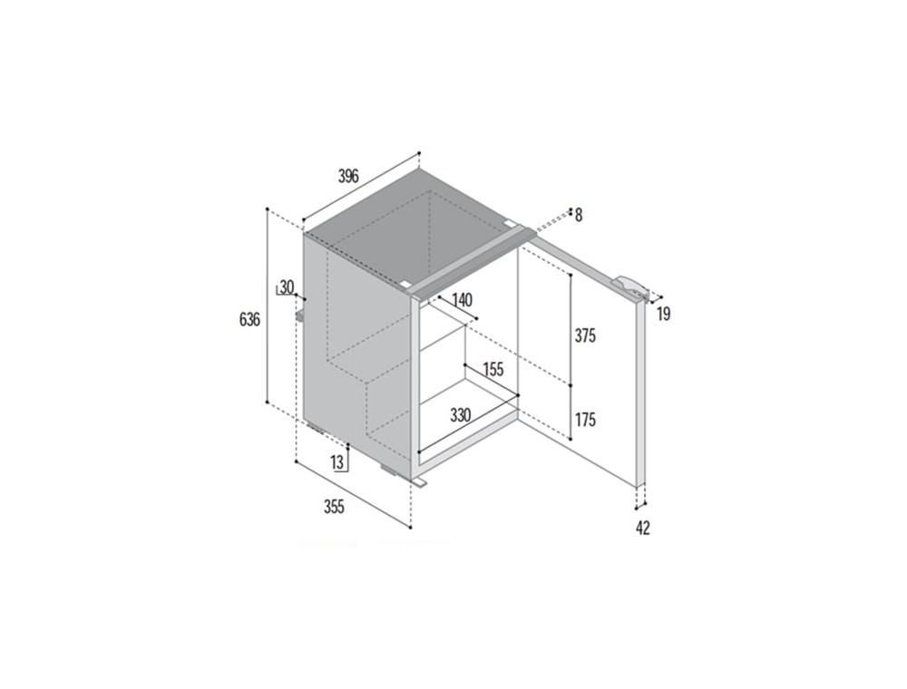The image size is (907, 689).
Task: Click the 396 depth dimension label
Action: [349, 175]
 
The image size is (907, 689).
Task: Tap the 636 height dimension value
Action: [249, 319]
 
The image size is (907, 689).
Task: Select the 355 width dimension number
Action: [334, 507]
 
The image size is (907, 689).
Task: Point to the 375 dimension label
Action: [585, 335]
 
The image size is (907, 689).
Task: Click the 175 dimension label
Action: [585, 421]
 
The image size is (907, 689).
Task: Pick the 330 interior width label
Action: [461, 414]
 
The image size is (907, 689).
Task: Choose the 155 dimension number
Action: [493, 369]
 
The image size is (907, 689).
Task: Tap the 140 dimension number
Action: [462, 299]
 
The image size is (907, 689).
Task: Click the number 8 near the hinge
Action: [579, 216]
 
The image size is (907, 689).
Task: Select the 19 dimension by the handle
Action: [664, 315]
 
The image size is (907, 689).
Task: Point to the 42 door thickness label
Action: [643, 528]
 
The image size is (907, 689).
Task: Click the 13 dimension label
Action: [337, 461]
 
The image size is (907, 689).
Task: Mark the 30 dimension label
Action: [287, 286]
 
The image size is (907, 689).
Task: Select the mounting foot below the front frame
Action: [419, 480]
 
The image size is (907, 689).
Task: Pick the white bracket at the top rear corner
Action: [509, 222]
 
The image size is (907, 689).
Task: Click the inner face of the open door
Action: [579, 358]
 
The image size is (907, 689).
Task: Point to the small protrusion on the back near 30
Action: [300, 315]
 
